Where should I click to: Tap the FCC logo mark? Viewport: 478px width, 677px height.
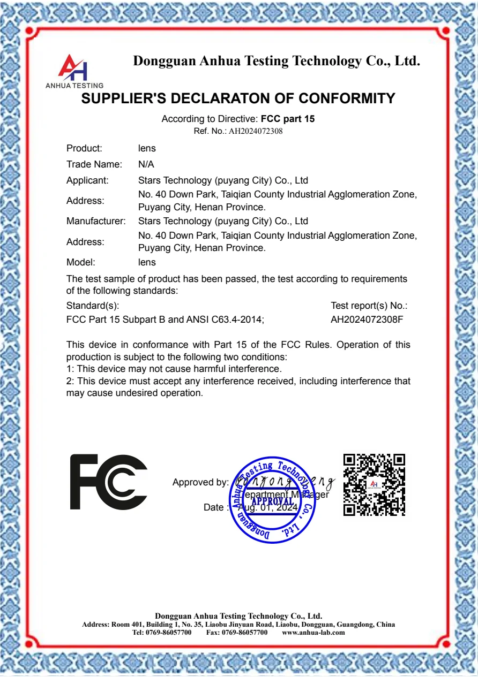click(109, 482)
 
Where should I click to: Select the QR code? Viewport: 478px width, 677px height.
click(374, 485)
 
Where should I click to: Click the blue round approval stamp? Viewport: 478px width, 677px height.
click(272, 500)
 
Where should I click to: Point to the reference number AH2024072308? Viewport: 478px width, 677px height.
click(256, 131)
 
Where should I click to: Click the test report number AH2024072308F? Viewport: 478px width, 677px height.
click(367, 320)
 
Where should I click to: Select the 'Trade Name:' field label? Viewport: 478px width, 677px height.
click(94, 164)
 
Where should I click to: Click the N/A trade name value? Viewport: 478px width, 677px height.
click(146, 164)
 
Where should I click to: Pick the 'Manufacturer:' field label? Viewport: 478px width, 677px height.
click(96, 221)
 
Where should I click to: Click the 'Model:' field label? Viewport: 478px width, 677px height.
click(81, 262)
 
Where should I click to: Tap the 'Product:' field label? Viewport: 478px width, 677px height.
click(84, 148)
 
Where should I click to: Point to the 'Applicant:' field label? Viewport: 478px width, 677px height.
click(87, 180)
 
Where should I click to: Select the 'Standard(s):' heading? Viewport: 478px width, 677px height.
click(93, 306)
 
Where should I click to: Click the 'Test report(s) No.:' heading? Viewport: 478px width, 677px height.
click(369, 306)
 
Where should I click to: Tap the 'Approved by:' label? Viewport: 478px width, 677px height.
click(200, 482)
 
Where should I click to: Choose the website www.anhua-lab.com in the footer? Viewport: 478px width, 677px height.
click(313, 632)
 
